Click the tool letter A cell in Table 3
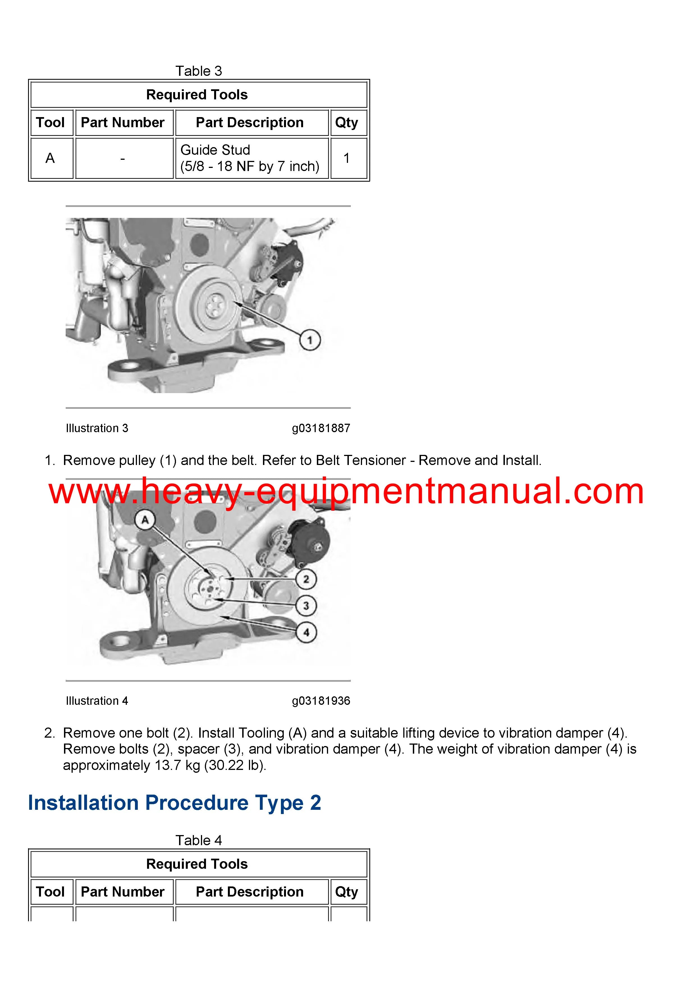pos(50,158)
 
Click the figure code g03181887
pos(321,428)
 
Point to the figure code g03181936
pos(321,701)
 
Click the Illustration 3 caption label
pos(97,428)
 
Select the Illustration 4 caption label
pos(97,701)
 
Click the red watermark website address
pos(346,492)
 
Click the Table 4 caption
pos(198,840)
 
